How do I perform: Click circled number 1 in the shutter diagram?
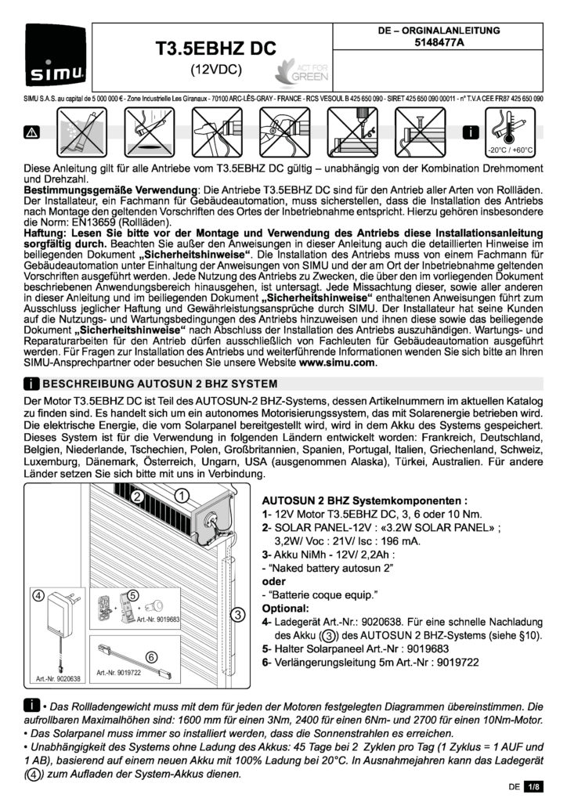coord(181,495)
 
